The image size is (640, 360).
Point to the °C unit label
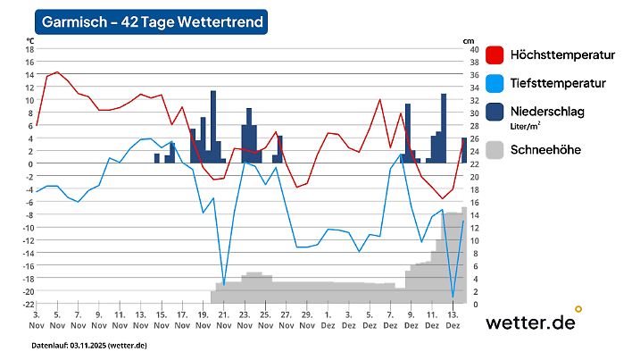[30, 40]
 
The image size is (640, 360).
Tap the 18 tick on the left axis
[28, 49]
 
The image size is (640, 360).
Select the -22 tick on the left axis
[27, 304]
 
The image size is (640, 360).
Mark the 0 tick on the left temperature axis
[29, 163]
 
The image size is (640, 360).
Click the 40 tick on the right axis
[473, 49]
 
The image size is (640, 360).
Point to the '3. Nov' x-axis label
[36, 321]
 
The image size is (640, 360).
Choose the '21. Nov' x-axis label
[223, 321]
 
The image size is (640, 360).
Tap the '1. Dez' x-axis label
[328, 321]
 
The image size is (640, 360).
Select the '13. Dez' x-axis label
[453, 321]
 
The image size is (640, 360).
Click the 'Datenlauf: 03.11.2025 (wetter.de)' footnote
[89, 345]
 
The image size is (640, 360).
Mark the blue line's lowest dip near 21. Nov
[223, 284]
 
